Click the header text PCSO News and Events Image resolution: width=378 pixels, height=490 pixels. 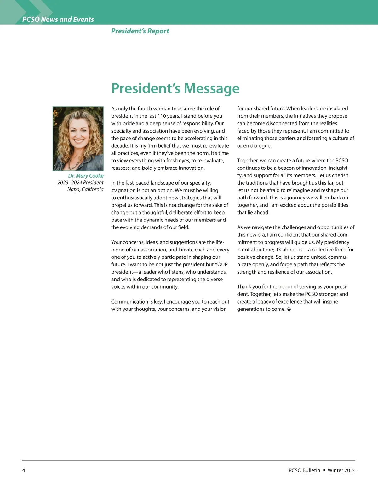tap(58, 19)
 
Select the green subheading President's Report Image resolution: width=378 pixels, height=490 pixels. tap(140, 31)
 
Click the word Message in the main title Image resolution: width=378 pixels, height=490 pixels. tap(211, 88)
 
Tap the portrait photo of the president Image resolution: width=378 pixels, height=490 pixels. tap(78, 139)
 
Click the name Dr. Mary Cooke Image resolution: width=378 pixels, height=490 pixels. tap(86, 176)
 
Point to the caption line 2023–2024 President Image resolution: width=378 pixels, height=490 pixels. tap(80, 182)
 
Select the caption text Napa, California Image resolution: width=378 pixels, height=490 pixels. tap(85, 189)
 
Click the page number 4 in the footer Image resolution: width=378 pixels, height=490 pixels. tap(24, 470)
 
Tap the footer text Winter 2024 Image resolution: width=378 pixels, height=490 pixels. tap(341, 470)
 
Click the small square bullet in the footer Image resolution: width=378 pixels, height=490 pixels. tap(324, 470)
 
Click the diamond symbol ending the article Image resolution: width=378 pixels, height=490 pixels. tap(289, 309)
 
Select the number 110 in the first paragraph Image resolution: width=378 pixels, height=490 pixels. tap(162, 116)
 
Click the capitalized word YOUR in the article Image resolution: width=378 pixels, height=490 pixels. tap(221, 264)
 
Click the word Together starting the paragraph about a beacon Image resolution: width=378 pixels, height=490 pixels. tap(248, 161)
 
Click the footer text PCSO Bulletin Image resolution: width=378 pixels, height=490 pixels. tap(304, 470)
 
